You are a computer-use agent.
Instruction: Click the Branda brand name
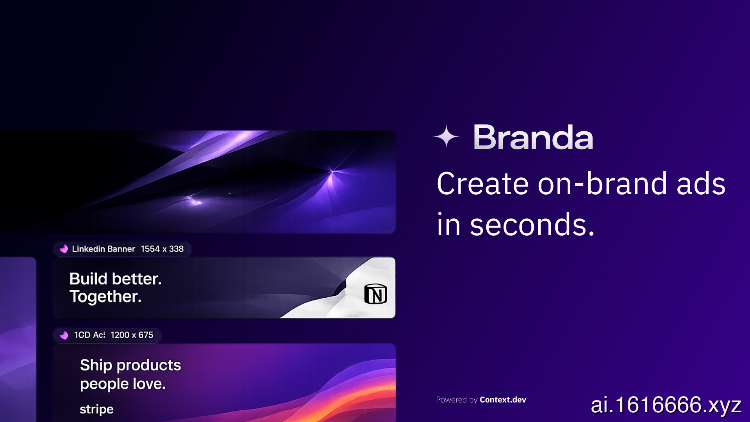coord(533,137)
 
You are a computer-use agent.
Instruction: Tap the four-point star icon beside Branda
coord(446,136)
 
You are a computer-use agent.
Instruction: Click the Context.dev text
coord(503,400)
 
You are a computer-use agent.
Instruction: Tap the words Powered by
coord(457,400)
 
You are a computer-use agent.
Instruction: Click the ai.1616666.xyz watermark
coord(666,405)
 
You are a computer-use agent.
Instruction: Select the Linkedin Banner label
coord(104,249)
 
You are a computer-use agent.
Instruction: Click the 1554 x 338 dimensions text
coord(162,249)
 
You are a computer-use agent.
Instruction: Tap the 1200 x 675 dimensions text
coord(132,335)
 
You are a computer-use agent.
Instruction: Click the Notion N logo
coord(375,294)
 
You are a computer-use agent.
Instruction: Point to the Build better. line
coord(115,279)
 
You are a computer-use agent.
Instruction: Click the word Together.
coord(105,297)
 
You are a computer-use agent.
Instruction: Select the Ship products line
coord(130,365)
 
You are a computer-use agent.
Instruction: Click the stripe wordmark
coord(96,409)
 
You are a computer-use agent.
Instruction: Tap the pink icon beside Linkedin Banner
coord(64,249)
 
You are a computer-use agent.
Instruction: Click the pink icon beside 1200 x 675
coord(64,335)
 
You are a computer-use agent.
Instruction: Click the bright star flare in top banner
coord(332,171)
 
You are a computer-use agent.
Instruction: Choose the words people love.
coord(123,384)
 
